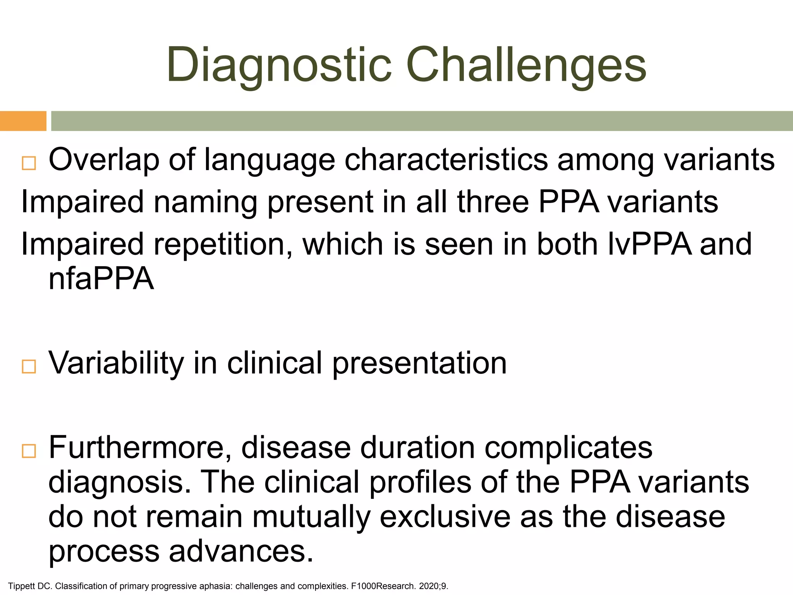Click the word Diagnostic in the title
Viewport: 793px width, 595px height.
tap(279, 65)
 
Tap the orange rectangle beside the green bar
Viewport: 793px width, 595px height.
tap(23, 121)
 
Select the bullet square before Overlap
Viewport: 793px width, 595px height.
tap(29, 163)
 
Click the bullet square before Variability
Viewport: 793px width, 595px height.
tap(29, 366)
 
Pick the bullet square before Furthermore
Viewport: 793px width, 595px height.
tap(29, 451)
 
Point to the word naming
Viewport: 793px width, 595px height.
tap(206, 202)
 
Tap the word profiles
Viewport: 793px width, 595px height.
tap(420, 482)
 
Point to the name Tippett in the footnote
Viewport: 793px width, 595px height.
tap(22, 586)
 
